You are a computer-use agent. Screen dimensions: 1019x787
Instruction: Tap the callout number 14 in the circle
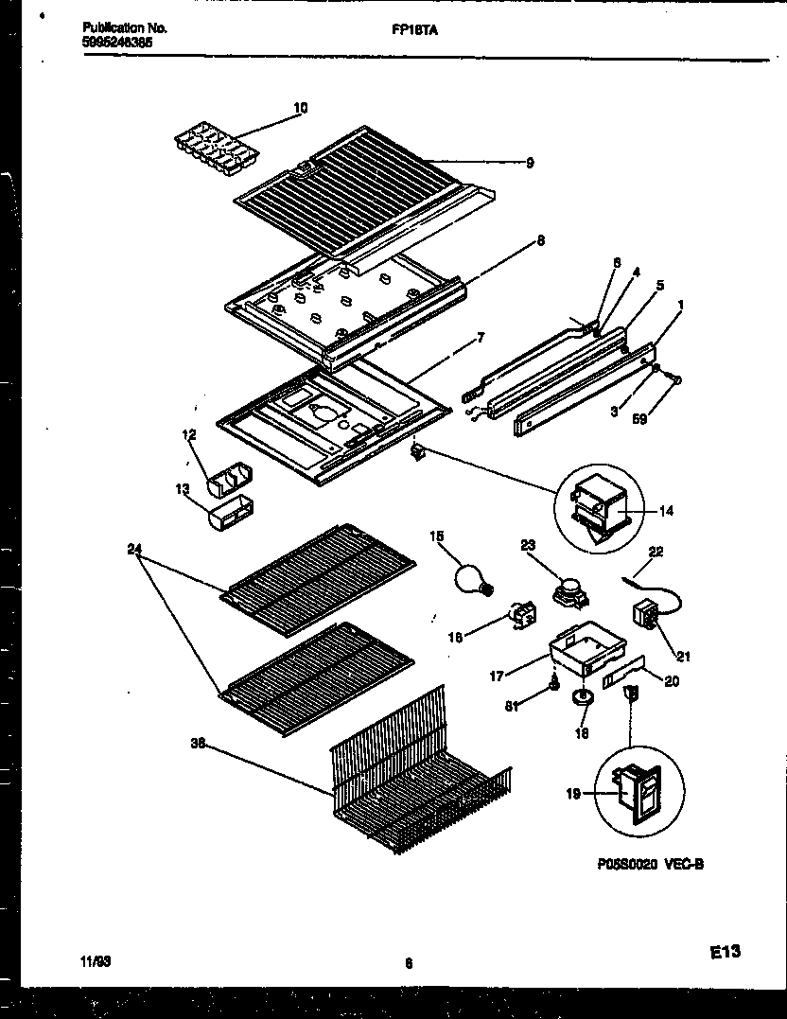[x=666, y=511]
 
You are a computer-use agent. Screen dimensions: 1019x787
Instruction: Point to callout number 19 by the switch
[x=573, y=795]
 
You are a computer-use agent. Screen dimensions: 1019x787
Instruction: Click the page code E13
[x=723, y=955]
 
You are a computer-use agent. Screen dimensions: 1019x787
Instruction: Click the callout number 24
[x=133, y=548]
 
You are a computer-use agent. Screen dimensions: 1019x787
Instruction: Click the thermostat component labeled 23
[x=568, y=589]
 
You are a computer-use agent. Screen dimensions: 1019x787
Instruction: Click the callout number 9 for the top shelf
[x=529, y=163]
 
